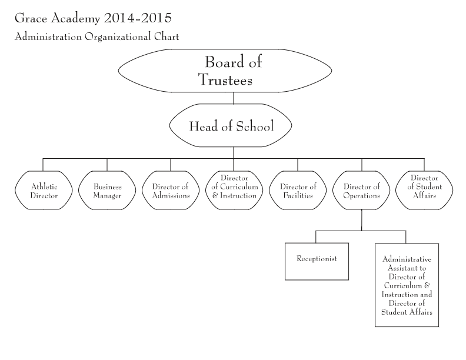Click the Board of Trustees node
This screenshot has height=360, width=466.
click(225, 71)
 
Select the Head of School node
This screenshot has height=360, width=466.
click(231, 125)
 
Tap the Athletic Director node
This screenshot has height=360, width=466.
click(44, 191)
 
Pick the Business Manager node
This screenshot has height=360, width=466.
click(107, 191)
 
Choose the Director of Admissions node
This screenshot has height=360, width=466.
click(171, 191)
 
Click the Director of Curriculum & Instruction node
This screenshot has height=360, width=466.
click(234, 191)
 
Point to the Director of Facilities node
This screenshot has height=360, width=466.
click(298, 191)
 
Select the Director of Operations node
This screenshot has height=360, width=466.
click(361, 191)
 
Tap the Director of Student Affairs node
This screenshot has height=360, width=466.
click(424, 191)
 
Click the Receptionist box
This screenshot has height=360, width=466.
click(317, 261)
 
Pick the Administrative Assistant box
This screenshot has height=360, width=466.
click(407, 285)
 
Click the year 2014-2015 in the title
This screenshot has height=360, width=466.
click(138, 18)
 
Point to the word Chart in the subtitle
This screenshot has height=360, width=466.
click(167, 36)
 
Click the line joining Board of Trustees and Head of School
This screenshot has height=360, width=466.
click(234, 98)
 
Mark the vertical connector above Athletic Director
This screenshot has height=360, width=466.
click(43, 165)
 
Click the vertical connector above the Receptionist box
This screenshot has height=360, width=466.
click(315, 236)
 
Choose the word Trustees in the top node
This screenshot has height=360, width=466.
click(225, 80)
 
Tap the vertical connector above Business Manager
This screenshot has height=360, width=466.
click(107, 165)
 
